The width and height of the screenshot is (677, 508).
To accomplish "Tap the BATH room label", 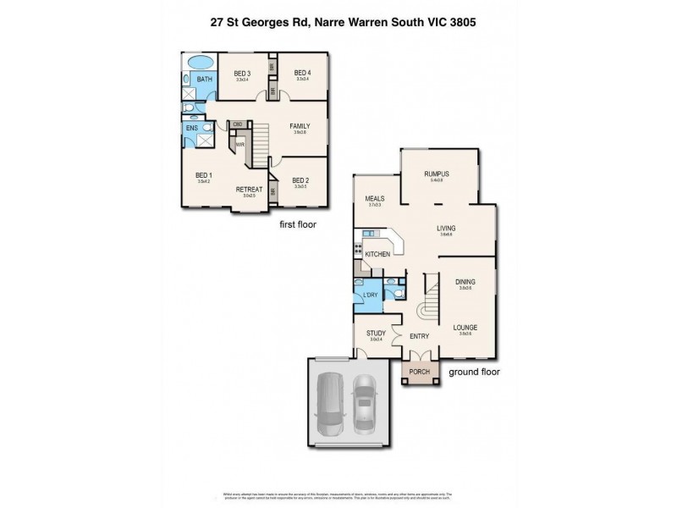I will tap(204, 79).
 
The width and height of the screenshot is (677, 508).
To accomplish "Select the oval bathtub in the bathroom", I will tap(200, 63).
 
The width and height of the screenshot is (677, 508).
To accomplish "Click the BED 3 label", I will tap(242, 74).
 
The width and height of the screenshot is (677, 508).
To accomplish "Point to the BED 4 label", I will tap(303, 74).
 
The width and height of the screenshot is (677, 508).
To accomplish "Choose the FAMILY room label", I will tap(300, 126).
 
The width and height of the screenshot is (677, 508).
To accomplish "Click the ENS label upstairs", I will tap(192, 129).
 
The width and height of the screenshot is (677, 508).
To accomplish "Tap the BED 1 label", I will tap(203, 175).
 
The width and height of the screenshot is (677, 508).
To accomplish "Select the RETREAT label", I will tap(249, 189).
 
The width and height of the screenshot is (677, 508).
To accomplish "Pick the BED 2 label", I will tap(300, 179).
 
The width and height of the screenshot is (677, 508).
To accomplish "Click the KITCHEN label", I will tap(377, 254).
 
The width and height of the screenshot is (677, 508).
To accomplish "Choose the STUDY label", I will tap(376, 334).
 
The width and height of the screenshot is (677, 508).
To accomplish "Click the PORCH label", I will tap(419, 372).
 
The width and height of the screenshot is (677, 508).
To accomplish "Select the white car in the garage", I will tap(364, 403).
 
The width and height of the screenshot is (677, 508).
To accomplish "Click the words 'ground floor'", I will tap(474, 372).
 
